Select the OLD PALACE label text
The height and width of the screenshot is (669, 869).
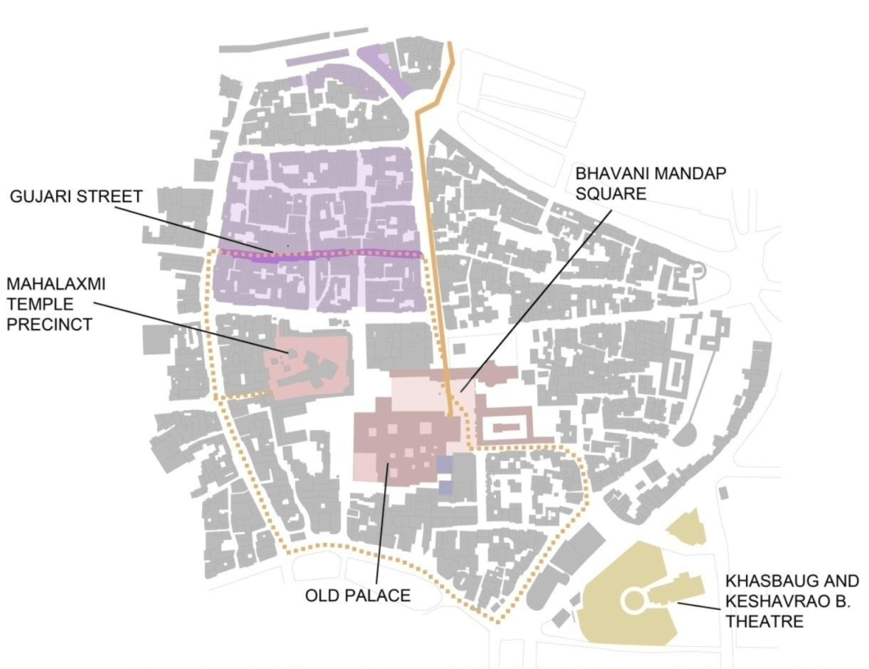357,595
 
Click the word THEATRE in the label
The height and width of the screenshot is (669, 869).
764,622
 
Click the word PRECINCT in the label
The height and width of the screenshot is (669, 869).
46,324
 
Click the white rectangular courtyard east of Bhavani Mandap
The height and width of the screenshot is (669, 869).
505,429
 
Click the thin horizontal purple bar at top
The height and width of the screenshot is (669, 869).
317,58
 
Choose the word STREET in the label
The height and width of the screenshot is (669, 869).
102,196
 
